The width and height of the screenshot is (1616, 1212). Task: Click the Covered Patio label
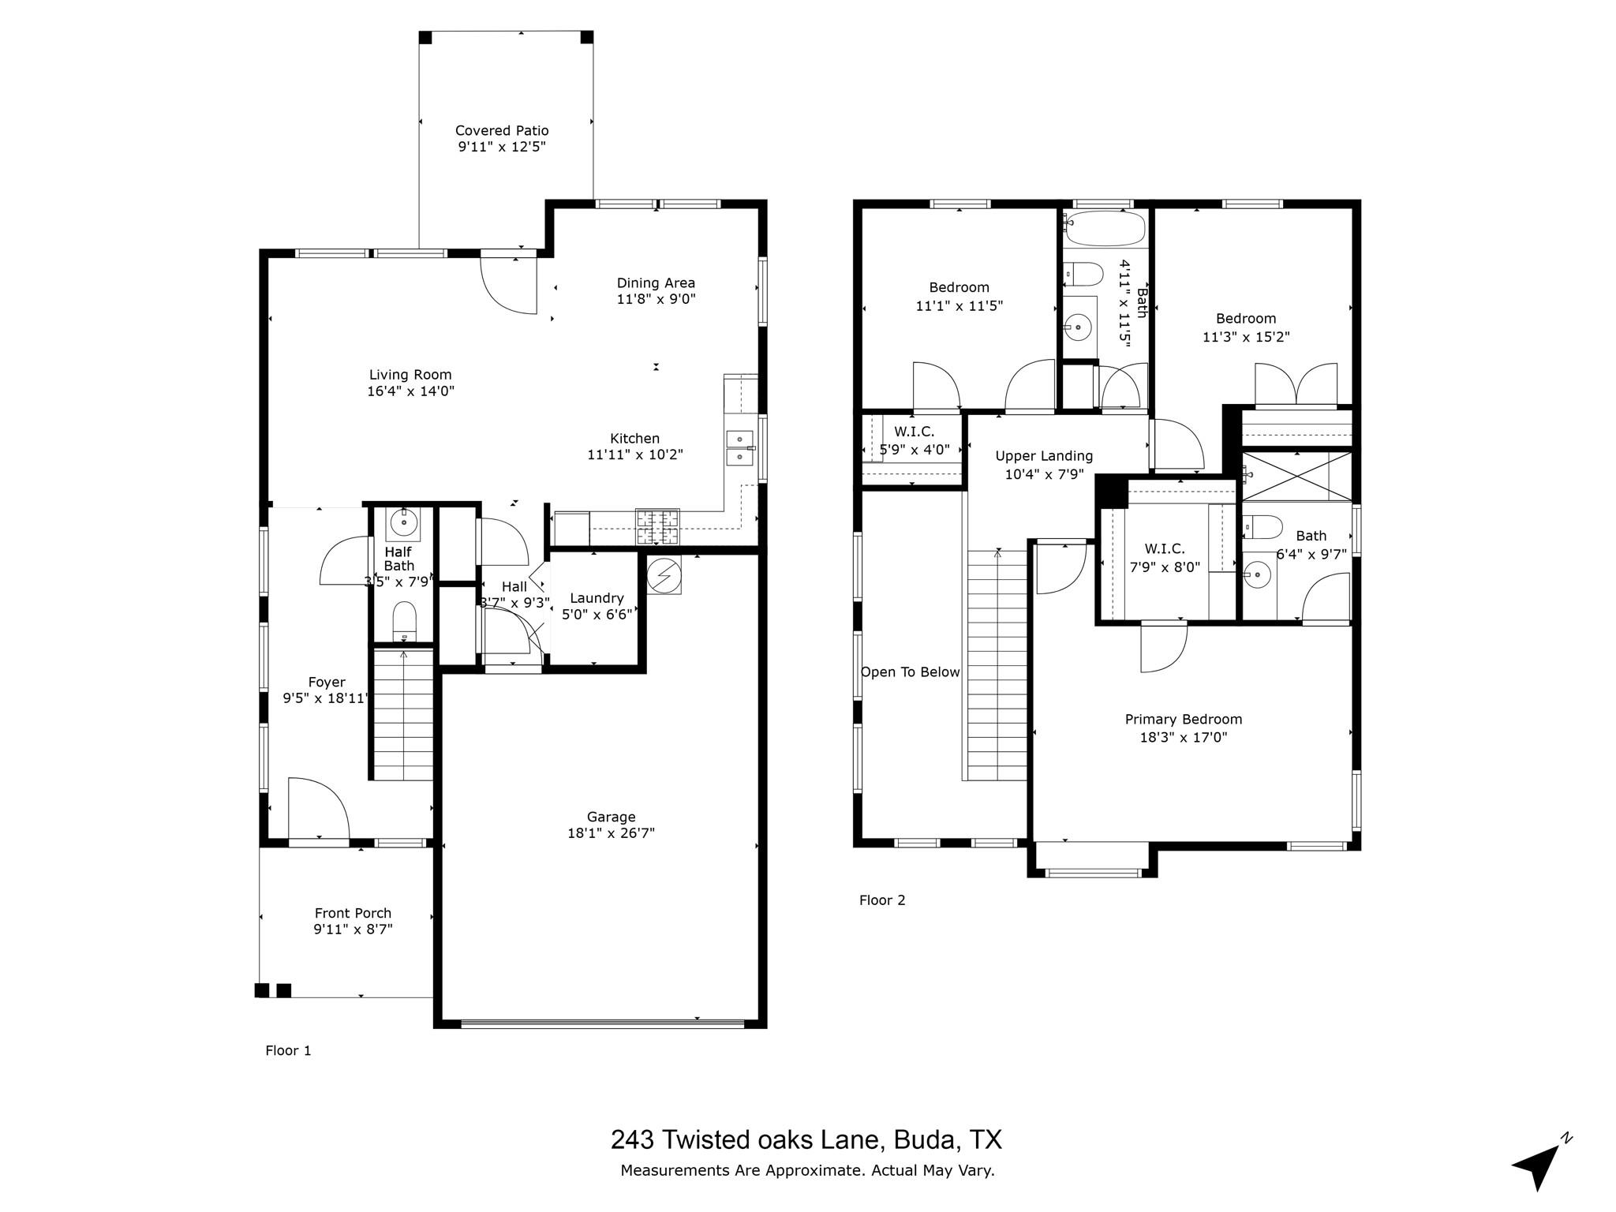click(502, 131)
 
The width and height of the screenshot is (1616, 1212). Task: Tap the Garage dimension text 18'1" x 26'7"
click(611, 833)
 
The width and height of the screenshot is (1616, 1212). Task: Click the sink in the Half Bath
click(404, 522)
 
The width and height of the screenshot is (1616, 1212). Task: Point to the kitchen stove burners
click(657, 527)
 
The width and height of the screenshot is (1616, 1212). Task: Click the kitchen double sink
click(740, 447)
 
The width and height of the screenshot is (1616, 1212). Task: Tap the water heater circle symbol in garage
click(664, 576)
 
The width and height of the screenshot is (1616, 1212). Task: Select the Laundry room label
click(597, 598)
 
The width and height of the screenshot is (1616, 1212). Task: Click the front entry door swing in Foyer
click(318, 810)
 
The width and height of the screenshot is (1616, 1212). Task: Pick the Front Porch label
click(353, 913)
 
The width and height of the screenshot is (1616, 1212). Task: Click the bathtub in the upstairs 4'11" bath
click(1104, 228)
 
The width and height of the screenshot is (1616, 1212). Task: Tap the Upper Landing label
click(1044, 456)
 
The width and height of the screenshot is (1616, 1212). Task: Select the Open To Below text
click(910, 672)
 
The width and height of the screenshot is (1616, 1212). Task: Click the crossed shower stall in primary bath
click(1297, 476)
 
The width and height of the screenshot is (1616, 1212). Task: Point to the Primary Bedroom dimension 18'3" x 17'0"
click(1184, 738)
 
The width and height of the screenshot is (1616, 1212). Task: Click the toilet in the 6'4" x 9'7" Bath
click(1262, 527)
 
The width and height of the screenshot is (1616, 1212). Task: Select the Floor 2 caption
click(882, 900)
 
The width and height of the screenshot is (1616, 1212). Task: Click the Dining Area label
click(656, 283)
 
